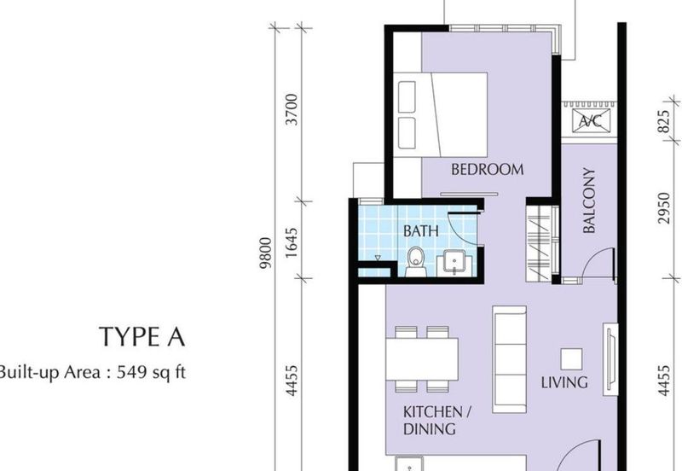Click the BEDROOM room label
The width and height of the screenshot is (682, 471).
click(x=487, y=169)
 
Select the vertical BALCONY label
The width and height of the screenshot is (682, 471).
click(x=589, y=200)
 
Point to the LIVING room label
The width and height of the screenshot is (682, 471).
click(x=564, y=381)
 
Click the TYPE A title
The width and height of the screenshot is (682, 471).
click(x=142, y=337)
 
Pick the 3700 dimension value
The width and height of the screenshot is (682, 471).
click(x=292, y=111)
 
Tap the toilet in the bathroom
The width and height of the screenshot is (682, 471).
click(x=415, y=262)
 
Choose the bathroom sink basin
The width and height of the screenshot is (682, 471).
click(x=453, y=263)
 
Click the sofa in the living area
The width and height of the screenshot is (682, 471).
click(x=510, y=347)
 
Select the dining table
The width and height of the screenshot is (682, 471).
click(x=421, y=359)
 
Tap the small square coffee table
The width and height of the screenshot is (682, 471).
click(x=570, y=358)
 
